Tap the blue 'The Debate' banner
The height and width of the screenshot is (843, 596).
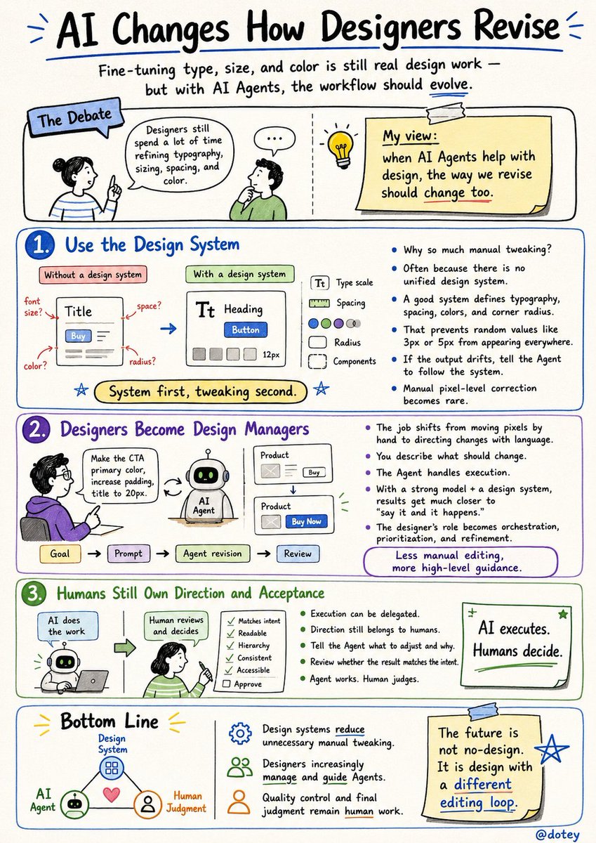(x=75, y=117)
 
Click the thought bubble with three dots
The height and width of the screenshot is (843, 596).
(x=274, y=140)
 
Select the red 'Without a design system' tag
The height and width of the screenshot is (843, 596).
(x=93, y=275)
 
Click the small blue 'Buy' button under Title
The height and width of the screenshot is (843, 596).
(x=78, y=336)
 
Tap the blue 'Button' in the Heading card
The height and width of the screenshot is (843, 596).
(x=246, y=329)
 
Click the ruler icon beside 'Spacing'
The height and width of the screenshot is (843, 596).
(x=319, y=303)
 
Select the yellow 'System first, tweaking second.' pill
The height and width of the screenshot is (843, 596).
(x=200, y=391)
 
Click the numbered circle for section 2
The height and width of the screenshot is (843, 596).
(x=36, y=430)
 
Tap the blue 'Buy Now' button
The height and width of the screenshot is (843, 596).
(x=306, y=521)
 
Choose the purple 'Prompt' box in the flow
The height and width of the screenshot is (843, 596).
(x=128, y=554)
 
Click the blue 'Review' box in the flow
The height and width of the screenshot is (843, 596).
(x=298, y=554)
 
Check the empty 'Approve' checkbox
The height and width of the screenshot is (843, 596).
(x=226, y=684)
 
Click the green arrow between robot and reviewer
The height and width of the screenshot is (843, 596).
(x=125, y=647)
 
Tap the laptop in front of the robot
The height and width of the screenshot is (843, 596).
(x=91, y=681)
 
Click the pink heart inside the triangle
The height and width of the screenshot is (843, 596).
(x=112, y=794)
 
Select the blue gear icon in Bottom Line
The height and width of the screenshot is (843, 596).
(x=240, y=733)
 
